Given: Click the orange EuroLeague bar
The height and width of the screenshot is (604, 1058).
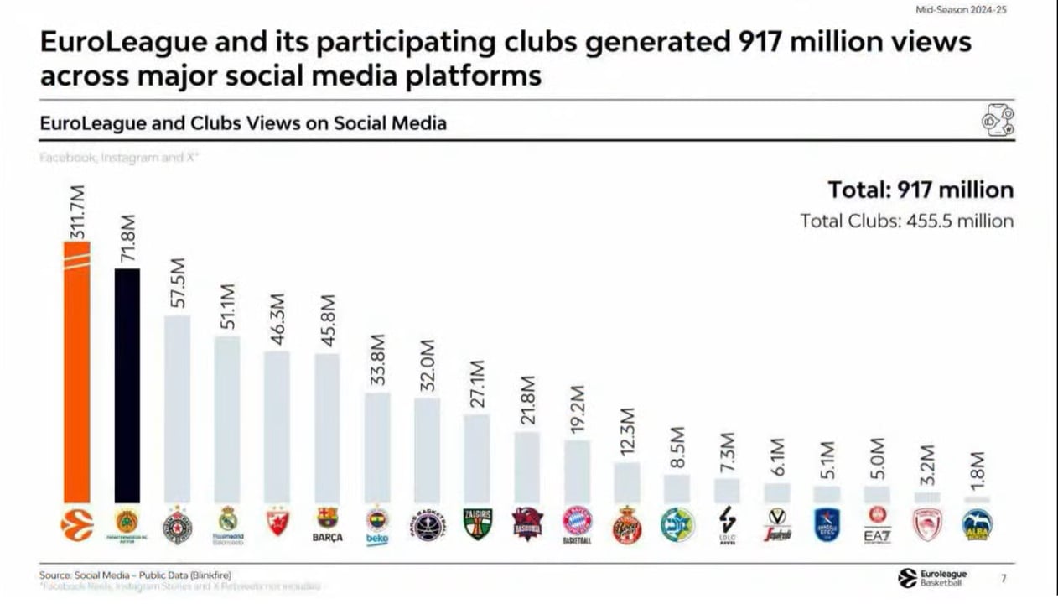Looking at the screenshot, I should pos(76,372).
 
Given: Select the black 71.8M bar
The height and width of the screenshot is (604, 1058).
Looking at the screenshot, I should pos(127,386).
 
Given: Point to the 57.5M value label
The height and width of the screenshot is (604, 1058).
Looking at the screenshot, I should pos(177,284).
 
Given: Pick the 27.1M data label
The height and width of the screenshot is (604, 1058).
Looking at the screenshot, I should pos(477,384).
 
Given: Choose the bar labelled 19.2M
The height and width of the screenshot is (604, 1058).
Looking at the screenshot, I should pos(577,471).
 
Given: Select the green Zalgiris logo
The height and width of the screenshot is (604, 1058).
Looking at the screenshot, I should pos(477,523).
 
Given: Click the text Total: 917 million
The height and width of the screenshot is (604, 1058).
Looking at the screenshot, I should pos(921,190).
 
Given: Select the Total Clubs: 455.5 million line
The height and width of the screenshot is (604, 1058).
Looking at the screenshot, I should pos(906,221).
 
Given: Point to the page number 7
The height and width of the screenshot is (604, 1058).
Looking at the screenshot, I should pos(1004,577).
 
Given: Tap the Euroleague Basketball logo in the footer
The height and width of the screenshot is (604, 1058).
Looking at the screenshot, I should pos(931,577).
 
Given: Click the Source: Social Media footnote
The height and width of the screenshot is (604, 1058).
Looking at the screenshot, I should pos(135,575).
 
